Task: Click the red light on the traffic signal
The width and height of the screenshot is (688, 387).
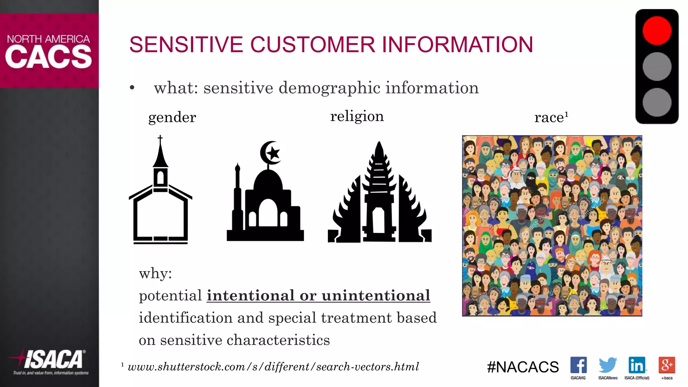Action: click(x=657, y=31)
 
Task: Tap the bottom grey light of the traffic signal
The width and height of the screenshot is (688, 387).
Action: click(x=657, y=102)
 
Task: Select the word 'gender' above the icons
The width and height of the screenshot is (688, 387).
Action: click(x=172, y=118)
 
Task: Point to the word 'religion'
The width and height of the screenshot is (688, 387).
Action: click(x=357, y=117)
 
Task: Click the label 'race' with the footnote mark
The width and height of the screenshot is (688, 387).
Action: click(x=551, y=118)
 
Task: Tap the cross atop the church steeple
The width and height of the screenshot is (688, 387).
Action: click(x=160, y=138)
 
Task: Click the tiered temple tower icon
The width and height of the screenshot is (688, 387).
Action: click(x=379, y=191)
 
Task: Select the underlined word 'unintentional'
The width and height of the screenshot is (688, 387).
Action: click(x=376, y=296)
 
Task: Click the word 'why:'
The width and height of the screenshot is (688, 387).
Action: click(x=155, y=273)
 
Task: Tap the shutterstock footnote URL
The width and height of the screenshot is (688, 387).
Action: click(x=273, y=367)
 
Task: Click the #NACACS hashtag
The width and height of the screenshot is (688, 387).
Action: click(x=523, y=367)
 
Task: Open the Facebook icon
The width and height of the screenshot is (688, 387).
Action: click(x=578, y=365)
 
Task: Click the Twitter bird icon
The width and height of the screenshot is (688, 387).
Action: click(x=608, y=365)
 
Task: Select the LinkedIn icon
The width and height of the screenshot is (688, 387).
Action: click(x=637, y=365)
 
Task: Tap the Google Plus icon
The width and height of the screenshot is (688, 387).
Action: click(x=666, y=365)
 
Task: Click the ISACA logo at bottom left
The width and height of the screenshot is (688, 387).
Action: click(x=50, y=361)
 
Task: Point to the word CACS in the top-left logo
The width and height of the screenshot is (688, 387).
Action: click(x=49, y=56)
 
